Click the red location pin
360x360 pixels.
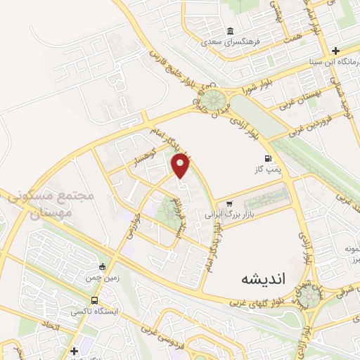click(181, 165)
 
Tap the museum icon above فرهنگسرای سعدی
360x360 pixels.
click(231, 31)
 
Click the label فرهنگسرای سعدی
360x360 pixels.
click(231, 41)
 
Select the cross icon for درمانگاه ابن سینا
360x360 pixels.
click(336, 51)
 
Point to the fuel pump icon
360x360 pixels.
click(267, 158)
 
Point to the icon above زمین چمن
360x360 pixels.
click(103, 266)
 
